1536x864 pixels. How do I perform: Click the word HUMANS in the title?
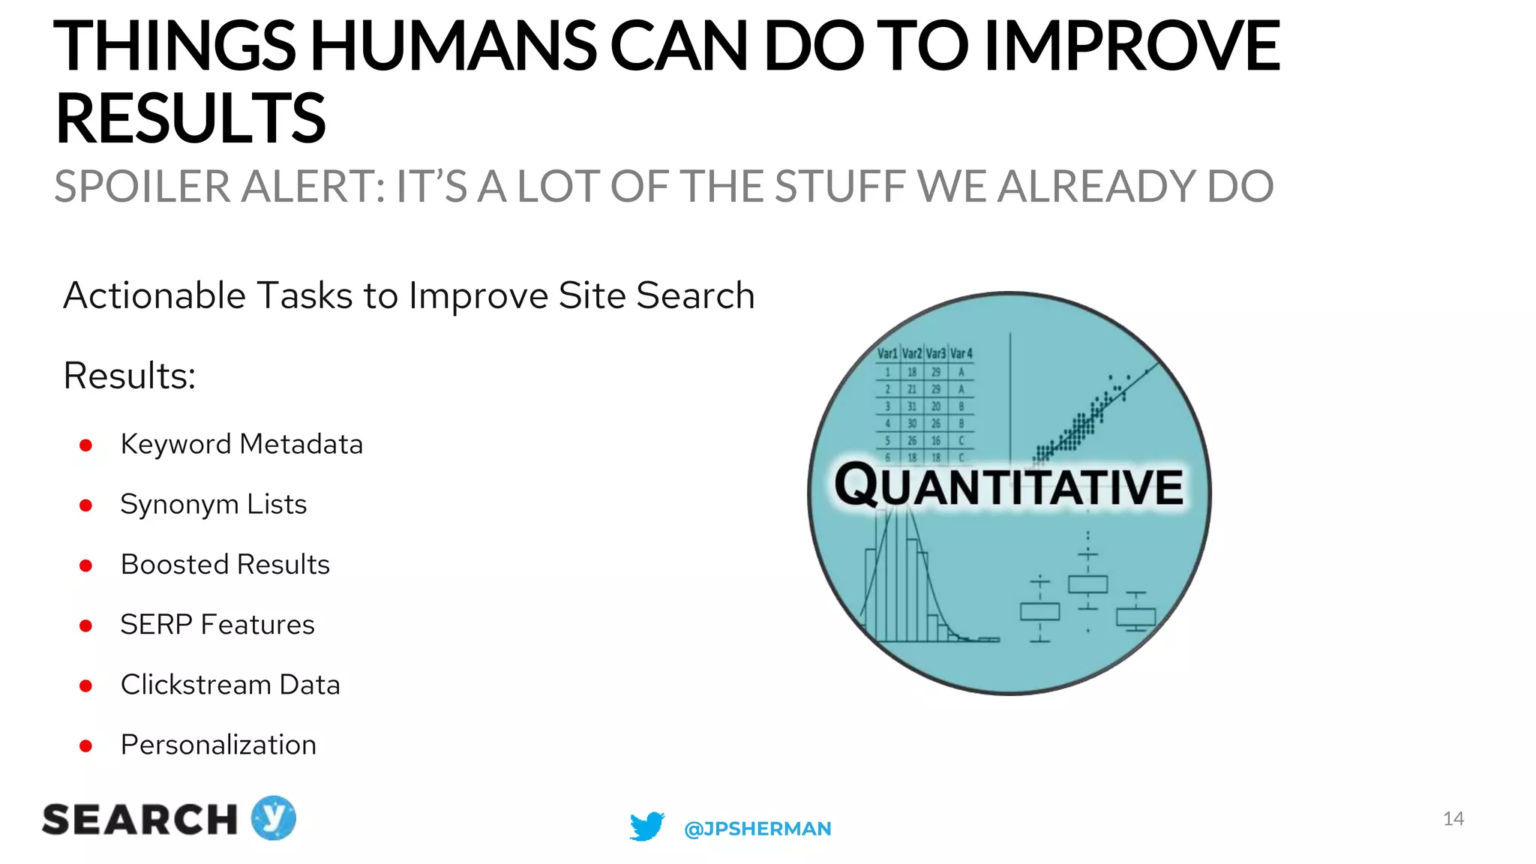click(454, 46)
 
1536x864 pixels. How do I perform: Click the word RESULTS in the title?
click(190, 118)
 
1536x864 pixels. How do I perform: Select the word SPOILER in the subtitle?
click(142, 187)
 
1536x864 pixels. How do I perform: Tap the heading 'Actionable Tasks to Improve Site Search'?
click(409, 295)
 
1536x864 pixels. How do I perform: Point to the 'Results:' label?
click(129, 376)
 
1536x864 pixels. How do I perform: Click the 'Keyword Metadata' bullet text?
click(241, 444)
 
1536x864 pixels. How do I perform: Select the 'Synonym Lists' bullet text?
click(214, 504)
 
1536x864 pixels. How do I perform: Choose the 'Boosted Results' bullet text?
click(225, 564)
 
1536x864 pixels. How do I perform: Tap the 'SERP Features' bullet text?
click(217, 624)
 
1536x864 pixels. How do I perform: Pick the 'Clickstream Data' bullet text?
click(230, 685)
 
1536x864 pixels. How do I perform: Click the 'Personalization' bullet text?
click(218, 745)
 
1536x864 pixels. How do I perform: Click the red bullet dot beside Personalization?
click(85, 746)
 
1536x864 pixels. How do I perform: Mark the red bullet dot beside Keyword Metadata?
click(85, 445)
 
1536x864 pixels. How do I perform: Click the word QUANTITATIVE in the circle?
click(1009, 487)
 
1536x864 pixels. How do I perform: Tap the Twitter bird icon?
click(646, 826)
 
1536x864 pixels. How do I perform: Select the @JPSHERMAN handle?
click(757, 829)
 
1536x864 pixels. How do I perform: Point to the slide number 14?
click(1453, 818)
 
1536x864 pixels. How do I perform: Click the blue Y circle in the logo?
click(273, 817)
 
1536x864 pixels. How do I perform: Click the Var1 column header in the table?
click(887, 353)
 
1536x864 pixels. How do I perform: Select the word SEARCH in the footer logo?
click(140, 819)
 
